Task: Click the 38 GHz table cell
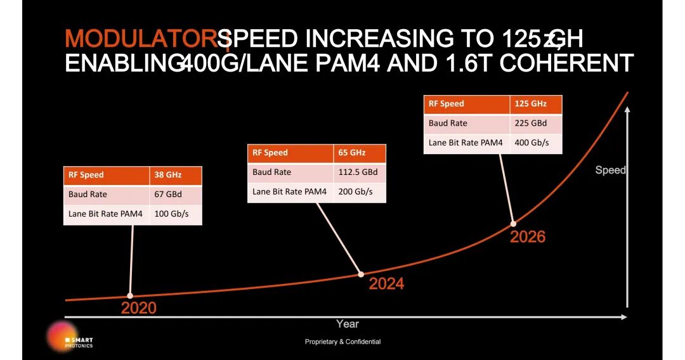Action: point(176,175)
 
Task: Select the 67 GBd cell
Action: point(176,195)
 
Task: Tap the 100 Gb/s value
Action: point(176,214)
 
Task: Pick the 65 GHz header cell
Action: point(359,153)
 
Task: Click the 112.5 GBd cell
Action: point(359,172)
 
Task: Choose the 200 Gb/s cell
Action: point(359,192)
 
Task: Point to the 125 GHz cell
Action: point(535,104)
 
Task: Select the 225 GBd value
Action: point(535,124)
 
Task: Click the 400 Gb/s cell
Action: point(535,143)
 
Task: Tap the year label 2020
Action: point(138,309)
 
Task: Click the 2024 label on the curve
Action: point(386,284)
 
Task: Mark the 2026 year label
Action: point(528,237)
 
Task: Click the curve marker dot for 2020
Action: point(130,295)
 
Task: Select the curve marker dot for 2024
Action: point(361,274)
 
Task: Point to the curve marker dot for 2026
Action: point(514,223)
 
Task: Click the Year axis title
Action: point(347,324)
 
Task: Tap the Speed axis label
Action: point(610,170)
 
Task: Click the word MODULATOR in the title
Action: point(140,39)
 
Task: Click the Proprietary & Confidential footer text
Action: point(342,342)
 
